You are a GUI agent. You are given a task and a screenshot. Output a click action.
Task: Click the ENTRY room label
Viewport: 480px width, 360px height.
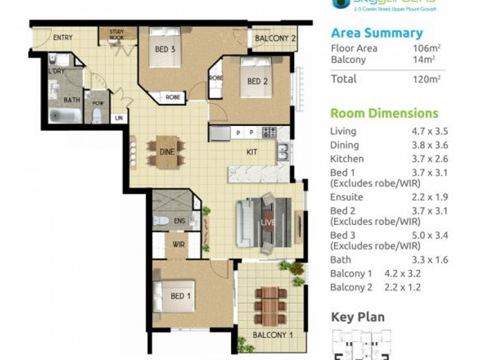(62, 38)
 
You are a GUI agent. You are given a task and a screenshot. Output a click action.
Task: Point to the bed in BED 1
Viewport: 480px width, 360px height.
(175, 296)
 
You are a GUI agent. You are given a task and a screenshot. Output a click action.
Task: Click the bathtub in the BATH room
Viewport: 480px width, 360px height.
(65, 115)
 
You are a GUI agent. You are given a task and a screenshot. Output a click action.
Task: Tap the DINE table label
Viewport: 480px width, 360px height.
(167, 152)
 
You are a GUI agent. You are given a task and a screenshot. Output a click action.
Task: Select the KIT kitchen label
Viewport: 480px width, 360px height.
(252, 152)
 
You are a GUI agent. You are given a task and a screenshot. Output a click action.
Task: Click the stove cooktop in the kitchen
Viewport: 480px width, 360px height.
(269, 132)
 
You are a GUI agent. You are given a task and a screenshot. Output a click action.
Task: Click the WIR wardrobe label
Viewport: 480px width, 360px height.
(178, 245)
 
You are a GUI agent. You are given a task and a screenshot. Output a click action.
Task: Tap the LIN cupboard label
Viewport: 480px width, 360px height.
(119, 118)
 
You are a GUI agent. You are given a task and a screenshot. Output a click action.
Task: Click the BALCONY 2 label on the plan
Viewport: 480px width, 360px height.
(275, 39)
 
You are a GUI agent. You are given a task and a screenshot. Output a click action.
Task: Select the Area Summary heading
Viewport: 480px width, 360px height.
(376, 34)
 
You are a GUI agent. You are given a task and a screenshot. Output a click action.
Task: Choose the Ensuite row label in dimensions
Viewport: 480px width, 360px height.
(347, 197)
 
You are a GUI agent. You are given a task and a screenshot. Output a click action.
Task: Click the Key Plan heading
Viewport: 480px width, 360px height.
(358, 317)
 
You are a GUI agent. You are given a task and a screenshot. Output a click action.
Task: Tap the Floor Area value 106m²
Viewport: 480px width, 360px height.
(427, 49)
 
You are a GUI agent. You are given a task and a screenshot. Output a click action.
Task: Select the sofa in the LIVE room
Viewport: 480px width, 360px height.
(245, 223)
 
